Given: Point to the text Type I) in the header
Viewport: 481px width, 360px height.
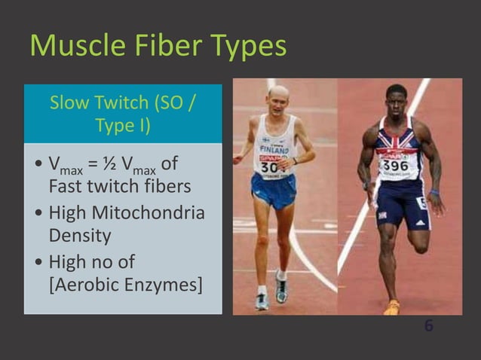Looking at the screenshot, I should pyautogui.click(x=123, y=125).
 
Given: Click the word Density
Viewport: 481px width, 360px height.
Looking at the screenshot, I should pyautogui.click(x=80, y=236).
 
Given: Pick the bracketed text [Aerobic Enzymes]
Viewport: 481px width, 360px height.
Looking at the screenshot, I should pyautogui.click(x=125, y=285).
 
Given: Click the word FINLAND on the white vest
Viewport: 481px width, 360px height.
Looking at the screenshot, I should pyautogui.click(x=274, y=151).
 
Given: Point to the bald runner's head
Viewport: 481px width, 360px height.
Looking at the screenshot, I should pyautogui.click(x=278, y=96).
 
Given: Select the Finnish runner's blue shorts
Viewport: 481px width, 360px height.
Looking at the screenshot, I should pyautogui.click(x=274, y=190).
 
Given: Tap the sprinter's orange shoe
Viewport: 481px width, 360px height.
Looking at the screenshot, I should pyautogui.click(x=392, y=307).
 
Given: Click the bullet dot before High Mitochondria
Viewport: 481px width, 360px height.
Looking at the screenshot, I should pyautogui.click(x=38, y=214).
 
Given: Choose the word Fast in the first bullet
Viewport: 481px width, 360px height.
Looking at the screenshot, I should pyautogui.click(x=65, y=185).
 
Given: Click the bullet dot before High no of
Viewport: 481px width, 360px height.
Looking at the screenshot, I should pyautogui.click(x=38, y=264).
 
